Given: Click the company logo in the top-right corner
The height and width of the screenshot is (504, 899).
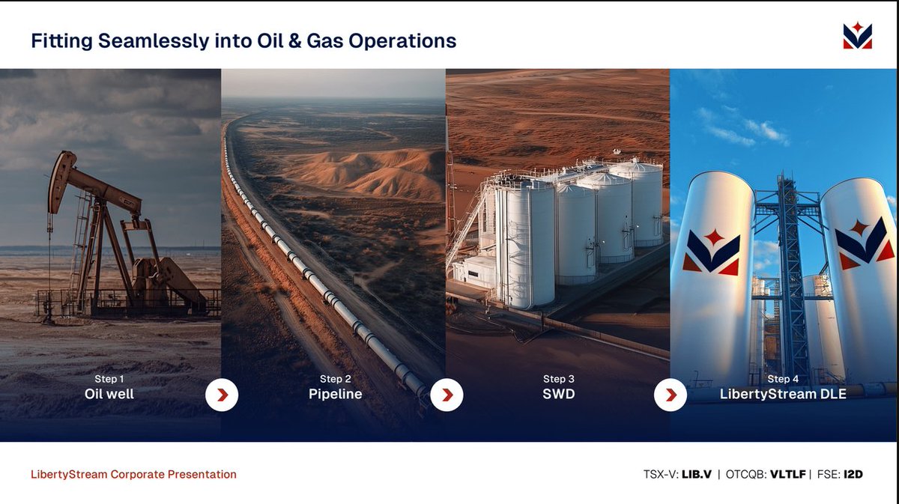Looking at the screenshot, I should pos(857,36).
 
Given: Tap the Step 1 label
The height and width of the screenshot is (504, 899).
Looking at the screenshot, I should pos(109,379).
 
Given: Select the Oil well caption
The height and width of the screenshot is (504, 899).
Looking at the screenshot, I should pos(109,394).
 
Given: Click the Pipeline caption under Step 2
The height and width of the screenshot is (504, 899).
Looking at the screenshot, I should pos(335,394).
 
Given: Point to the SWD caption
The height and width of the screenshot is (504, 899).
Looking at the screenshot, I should pos(558,394).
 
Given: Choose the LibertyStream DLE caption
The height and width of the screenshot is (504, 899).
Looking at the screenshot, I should pos(783,394).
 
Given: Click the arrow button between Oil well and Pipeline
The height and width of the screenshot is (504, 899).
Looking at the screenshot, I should pos(222,395).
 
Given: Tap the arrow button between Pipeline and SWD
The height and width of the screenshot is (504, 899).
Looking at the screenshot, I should pos(447,395).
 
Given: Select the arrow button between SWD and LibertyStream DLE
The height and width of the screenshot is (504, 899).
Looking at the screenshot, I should pos(671,395).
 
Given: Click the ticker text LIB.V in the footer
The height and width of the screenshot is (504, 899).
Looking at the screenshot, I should pos(696,474).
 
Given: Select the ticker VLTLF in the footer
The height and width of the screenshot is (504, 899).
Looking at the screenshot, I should pos(786,474).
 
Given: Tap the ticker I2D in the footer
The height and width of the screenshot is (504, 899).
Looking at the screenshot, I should pos(852,474).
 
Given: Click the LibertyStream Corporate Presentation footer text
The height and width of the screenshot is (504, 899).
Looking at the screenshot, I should pos(133,474).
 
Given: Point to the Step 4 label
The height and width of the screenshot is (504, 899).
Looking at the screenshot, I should pos(783,379).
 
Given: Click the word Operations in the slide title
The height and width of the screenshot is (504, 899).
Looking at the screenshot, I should pos(404,40).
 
